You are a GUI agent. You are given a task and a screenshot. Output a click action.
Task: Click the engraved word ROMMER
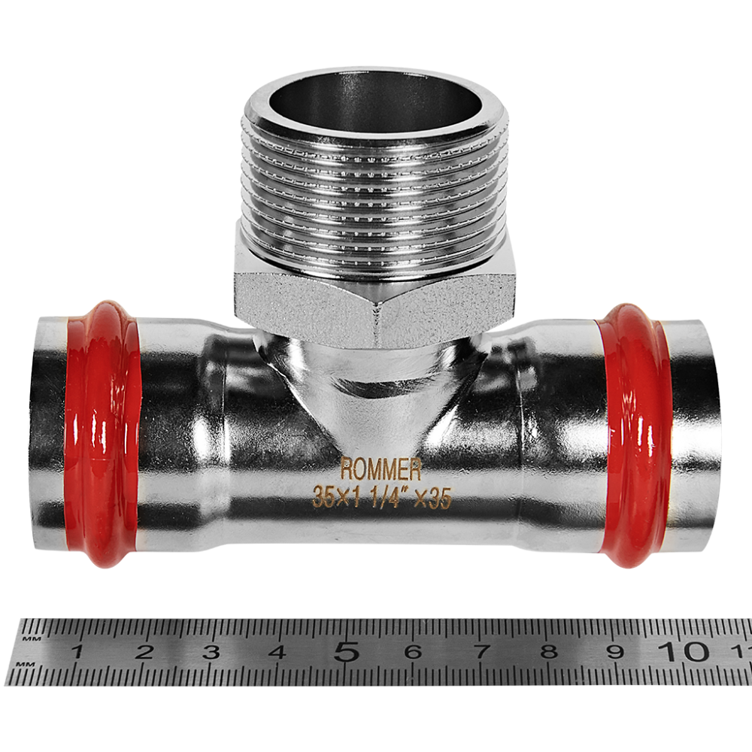[x=381, y=469]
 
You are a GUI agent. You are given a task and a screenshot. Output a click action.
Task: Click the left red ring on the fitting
[x=102, y=435]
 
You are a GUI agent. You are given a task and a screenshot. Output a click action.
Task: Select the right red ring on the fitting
[x=634, y=435]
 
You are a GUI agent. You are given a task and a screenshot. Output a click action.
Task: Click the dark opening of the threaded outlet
[x=375, y=102]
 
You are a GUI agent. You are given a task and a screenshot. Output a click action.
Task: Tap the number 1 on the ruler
[x=77, y=652]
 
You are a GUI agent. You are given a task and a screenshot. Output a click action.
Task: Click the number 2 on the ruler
[x=144, y=652]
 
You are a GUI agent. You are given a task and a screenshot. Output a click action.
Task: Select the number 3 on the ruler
[x=211, y=652]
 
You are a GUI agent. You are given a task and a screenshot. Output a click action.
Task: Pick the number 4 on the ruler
[x=277, y=652]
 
